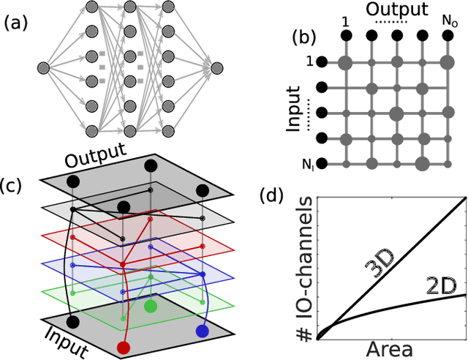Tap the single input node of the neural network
pos(43,68)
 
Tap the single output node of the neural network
pos(216,68)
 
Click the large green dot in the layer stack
pos(150,305)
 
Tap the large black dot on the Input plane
pos(72,320)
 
